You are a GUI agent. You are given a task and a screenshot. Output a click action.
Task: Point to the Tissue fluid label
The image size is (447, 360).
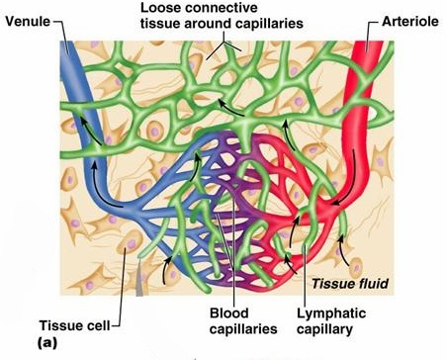pos(351,284)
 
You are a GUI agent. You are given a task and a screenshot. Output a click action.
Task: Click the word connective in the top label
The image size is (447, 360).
pos(228,8)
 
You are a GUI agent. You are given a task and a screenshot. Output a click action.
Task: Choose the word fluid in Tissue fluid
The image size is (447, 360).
pos(373,284)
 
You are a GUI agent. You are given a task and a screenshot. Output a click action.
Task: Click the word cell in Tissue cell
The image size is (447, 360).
pos(99,325)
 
